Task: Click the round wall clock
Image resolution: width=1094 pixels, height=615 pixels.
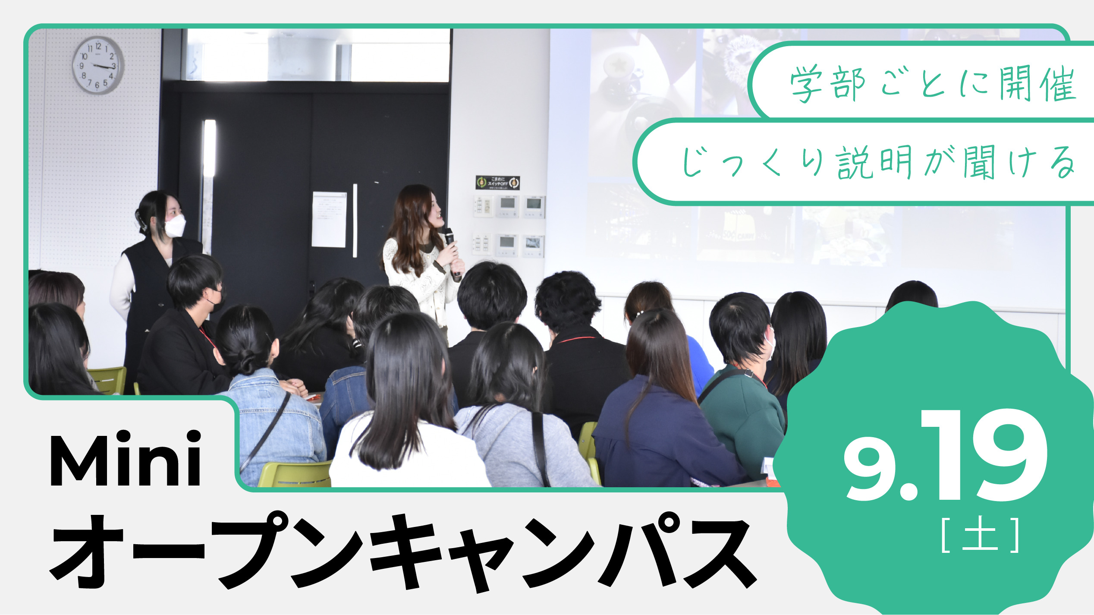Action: tap(98, 65)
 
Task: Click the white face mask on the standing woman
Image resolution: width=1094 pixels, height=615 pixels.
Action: tap(175, 226)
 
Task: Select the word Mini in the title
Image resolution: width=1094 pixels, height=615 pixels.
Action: tap(126, 460)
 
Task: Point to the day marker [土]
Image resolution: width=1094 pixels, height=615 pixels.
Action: tap(981, 535)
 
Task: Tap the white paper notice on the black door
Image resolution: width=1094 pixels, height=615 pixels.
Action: tap(329, 219)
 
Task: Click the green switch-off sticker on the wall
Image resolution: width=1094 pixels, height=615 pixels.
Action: tap(497, 183)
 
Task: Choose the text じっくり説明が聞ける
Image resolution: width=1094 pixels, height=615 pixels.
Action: tap(878, 162)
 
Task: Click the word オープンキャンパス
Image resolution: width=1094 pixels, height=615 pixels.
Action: tap(403, 553)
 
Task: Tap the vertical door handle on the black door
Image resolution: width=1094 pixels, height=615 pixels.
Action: tap(355, 221)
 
